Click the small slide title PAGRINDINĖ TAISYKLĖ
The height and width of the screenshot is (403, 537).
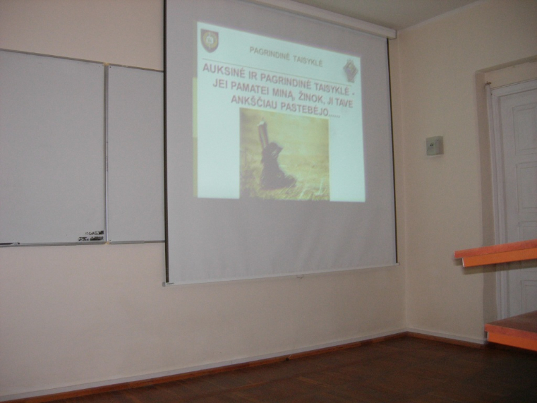pyautogui.click(x=286, y=56)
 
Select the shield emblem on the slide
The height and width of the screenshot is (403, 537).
pyautogui.click(x=209, y=40)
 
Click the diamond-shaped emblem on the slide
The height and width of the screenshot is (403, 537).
pyautogui.click(x=350, y=71)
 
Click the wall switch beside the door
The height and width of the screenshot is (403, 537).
pyautogui.click(x=434, y=146)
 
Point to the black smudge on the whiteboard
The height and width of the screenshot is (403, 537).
pyautogui.click(x=91, y=236)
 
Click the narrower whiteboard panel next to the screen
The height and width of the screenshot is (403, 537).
pyautogui.click(x=135, y=154)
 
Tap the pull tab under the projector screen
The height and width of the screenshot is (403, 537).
pyautogui.click(x=300, y=275)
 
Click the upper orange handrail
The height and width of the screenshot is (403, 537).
pyautogui.click(x=496, y=253)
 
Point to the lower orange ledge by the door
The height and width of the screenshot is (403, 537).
pyautogui.click(x=511, y=330)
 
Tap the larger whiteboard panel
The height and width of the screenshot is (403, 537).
pyautogui.click(x=52, y=147)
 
